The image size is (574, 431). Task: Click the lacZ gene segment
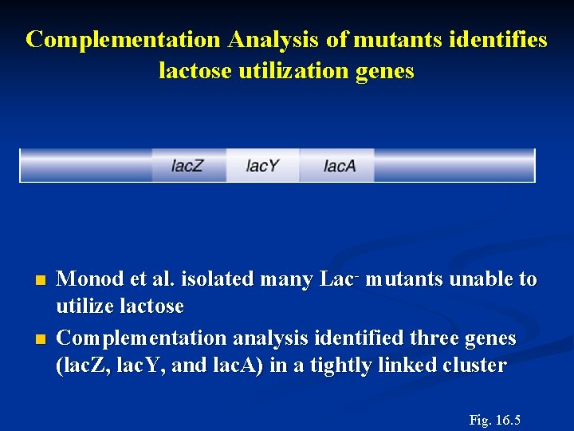click(x=187, y=166)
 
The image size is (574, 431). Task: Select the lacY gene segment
click(x=262, y=166)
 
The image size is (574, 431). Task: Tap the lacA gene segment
click(x=340, y=166)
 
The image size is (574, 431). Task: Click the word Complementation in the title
click(x=124, y=40)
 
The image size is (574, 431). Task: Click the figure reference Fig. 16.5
click(x=495, y=420)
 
